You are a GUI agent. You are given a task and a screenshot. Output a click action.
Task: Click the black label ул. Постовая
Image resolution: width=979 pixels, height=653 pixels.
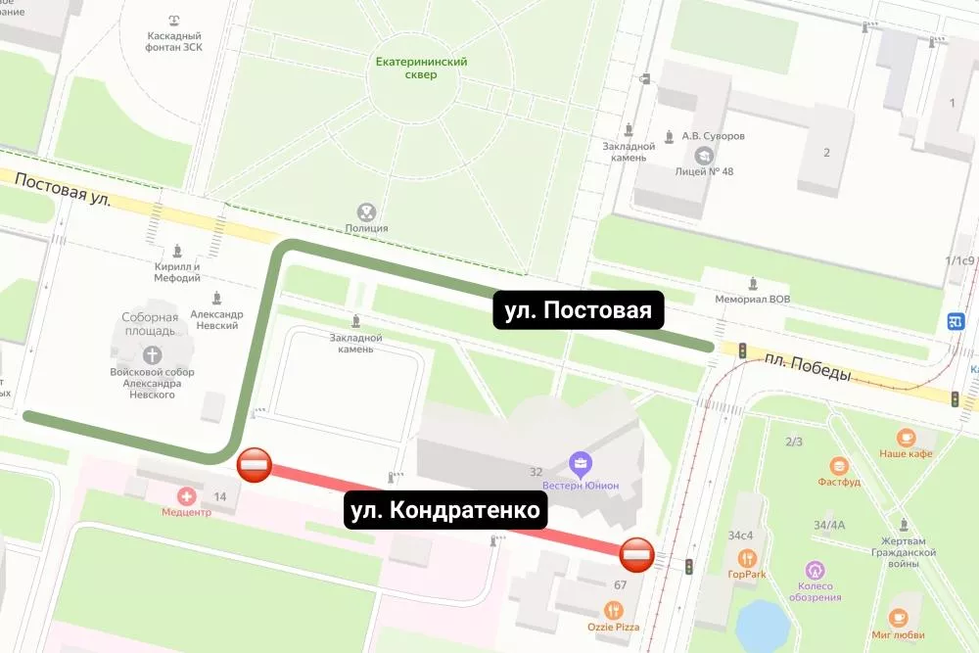[x=579, y=310]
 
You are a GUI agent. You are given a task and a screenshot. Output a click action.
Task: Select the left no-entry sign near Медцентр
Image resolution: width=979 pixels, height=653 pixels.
[x=255, y=466]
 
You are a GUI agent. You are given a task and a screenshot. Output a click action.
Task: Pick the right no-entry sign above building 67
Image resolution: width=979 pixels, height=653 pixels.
[x=636, y=555]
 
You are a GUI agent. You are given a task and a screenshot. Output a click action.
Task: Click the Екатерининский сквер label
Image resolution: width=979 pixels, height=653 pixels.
[x=422, y=68]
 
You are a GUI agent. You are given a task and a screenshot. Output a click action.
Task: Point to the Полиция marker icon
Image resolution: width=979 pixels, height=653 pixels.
[x=366, y=210]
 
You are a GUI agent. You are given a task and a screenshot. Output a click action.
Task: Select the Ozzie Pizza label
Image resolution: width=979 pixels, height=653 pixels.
[x=612, y=626]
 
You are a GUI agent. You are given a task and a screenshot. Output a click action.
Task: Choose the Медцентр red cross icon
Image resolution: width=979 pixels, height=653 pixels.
[x=186, y=496]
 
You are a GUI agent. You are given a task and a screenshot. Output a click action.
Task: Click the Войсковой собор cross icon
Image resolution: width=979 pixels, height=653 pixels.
[x=152, y=354]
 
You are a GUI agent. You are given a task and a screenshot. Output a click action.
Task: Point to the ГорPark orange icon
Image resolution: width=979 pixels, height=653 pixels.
[x=748, y=558]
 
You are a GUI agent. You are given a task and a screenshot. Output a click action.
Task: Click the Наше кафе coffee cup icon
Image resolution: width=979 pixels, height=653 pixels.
[x=906, y=437]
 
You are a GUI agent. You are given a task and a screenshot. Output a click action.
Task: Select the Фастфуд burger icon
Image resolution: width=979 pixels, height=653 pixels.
[x=839, y=466]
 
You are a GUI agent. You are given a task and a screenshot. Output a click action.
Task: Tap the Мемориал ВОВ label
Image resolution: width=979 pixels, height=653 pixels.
[x=752, y=299]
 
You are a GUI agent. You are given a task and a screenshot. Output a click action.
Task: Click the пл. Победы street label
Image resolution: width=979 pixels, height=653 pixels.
[x=808, y=368]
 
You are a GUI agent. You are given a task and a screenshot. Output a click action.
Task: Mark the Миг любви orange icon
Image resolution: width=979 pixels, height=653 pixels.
[x=899, y=618]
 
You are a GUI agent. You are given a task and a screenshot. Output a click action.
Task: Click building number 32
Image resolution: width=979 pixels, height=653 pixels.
[x=536, y=472]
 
